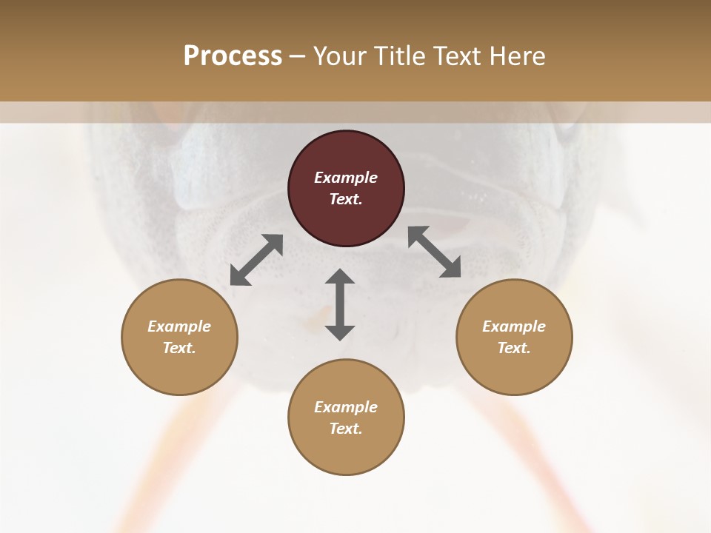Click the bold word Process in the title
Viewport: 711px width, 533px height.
coord(233,56)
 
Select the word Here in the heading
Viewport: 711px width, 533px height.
coord(517,56)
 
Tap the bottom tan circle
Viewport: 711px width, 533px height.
coord(346,452)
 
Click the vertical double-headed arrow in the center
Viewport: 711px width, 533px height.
coord(340,304)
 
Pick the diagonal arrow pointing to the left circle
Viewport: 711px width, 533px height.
coord(256,260)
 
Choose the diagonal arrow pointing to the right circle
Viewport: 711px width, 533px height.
coord(435,252)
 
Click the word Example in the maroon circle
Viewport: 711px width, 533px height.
coord(346,178)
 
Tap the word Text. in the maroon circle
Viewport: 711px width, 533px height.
coord(346,199)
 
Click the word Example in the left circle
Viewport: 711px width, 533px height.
coord(179,326)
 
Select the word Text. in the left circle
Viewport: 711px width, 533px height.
coord(179,348)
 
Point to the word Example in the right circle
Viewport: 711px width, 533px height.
coord(514,326)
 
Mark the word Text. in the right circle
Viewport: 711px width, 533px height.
coord(514,348)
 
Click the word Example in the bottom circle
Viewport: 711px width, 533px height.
coord(346,407)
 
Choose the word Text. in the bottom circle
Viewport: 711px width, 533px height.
coord(346,429)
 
